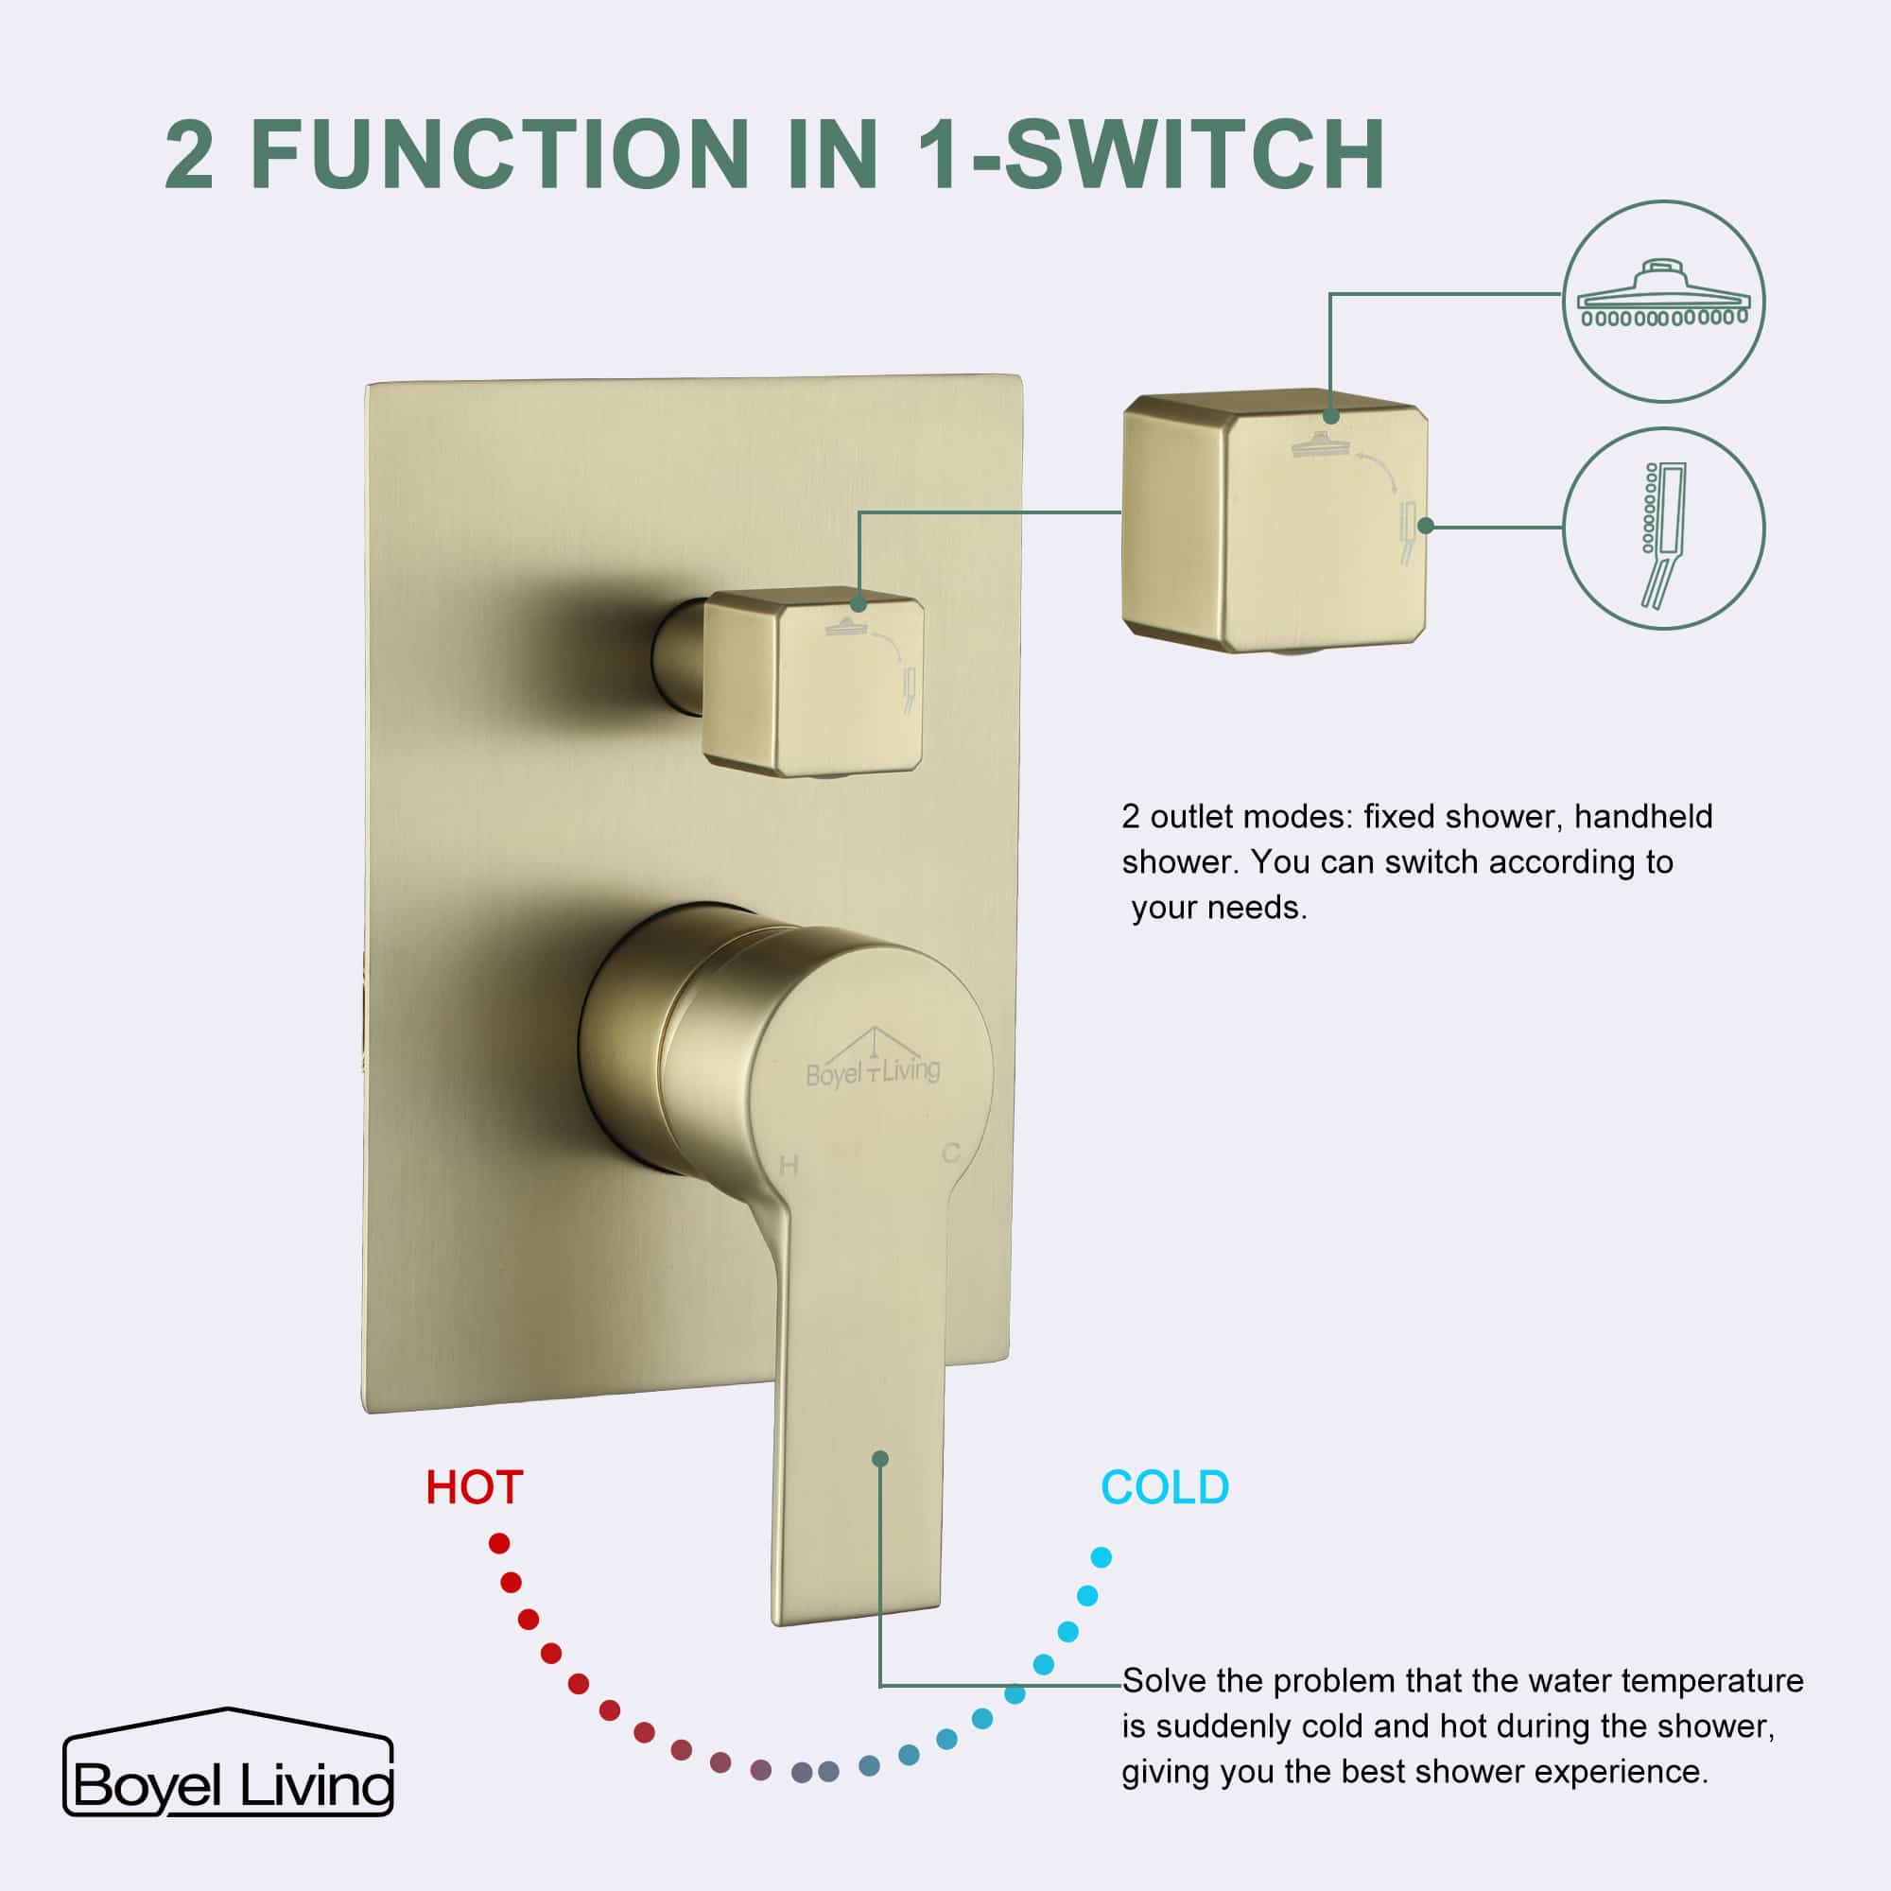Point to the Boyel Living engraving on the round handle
click(872, 1067)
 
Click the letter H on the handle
click(789, 1166)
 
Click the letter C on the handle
click(950, 1154)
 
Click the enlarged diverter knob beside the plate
click(1273, 524)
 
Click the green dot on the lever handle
click(880, 1459)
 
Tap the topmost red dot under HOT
click(499, 1544)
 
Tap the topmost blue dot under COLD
click(1102, 1557)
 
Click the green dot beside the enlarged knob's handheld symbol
click(1426, 526)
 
